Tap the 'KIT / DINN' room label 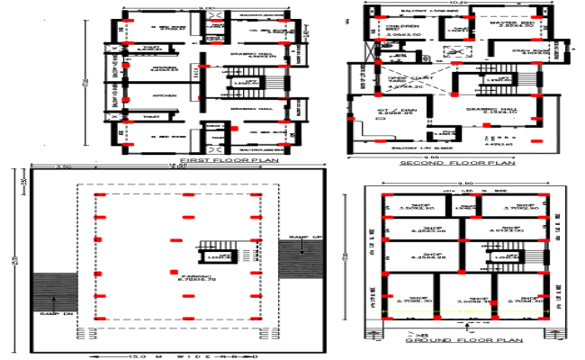(x=392, y=110)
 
